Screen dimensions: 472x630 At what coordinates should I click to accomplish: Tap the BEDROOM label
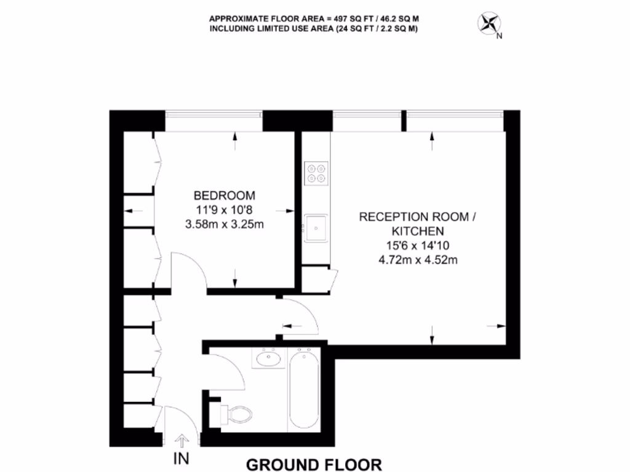[x=224, y=196]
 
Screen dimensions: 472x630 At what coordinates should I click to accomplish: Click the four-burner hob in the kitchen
[x=316, y=173]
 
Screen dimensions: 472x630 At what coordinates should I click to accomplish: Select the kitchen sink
[x=316, y=229]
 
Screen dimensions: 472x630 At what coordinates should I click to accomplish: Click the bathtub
[x=303, y=388]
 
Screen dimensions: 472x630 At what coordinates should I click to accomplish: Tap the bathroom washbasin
[x=268, y=358]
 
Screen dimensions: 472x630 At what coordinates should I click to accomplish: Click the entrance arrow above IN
[x=183, y=441]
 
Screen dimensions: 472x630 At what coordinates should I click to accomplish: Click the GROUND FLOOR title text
[x=314, y=464]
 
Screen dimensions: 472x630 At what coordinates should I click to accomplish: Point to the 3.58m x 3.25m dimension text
[x=224, y=224]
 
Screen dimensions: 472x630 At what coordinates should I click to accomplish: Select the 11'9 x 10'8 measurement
[x=224, y=210]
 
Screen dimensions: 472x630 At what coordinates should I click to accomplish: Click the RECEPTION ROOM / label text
[x=417, y=217]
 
